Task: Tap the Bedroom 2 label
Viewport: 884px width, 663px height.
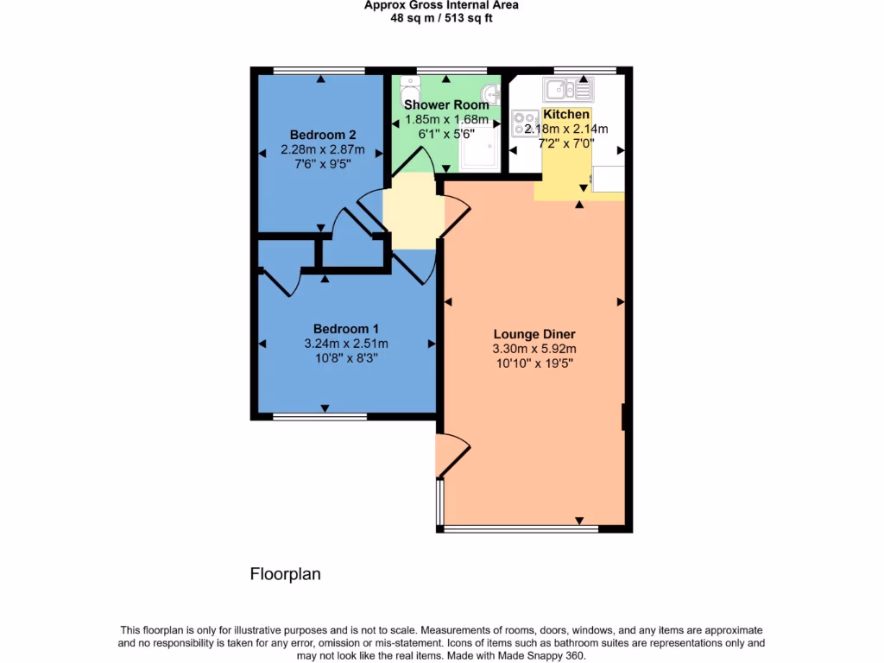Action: click(x=323, y=135)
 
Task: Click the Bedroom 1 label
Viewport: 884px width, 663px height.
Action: click(x=345, y=329)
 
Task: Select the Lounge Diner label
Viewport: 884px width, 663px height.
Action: click(x=534, y=334)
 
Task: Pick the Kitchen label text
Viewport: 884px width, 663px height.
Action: click(x=566, y=115)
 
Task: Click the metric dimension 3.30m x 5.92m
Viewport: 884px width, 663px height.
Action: click(x=534, y=349)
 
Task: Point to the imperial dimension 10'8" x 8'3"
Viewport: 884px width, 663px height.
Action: click(x=345, y=357)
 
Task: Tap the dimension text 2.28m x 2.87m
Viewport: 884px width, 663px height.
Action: click(x=323, y=149)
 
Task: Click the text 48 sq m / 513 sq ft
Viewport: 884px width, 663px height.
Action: click(x=441, y=17)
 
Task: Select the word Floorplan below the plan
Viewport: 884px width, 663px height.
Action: click(x=285, y=574)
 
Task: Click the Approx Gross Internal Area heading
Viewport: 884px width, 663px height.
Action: click(x=441, y=5)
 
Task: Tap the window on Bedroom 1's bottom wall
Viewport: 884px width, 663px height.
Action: click(x=319, y=416)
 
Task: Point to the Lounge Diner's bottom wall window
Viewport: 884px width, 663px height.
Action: click(x=521, y=527)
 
